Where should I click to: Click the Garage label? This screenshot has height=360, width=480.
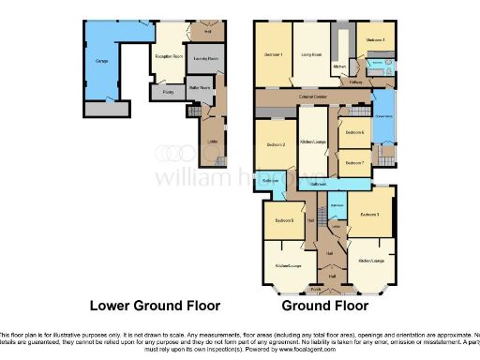click(x=100, y=64)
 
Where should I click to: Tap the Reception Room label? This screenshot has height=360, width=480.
click(x=168, y=57)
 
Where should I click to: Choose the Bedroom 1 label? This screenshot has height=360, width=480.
click(x=274, y=54)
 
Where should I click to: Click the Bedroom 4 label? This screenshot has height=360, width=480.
click(x=375, y=40)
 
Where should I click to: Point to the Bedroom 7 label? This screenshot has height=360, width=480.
click(x=354, y=162)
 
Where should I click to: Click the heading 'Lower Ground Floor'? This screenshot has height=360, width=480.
click(x=155, y=306)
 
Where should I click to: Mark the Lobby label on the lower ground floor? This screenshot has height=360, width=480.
click(x=212, y=142)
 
